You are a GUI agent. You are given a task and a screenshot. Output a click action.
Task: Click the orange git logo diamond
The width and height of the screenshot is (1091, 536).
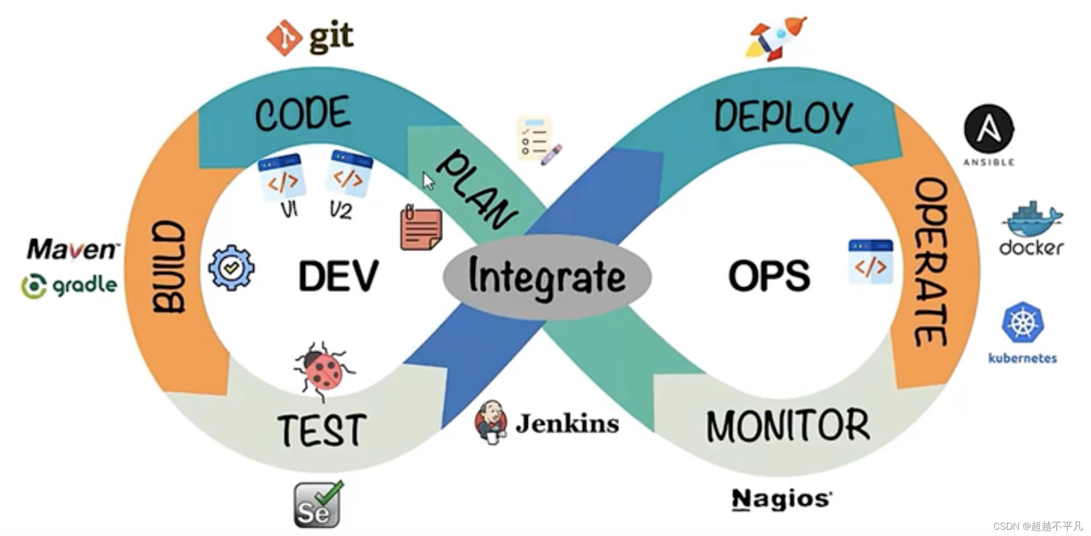pyautogui.click(x=283, y=38)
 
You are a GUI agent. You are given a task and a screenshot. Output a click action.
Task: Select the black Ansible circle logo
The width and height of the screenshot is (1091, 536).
pyautogui.click(x=989, y=129)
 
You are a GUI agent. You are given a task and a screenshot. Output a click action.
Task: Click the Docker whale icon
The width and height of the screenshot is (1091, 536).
pyautogui.click(x=1031, y=219)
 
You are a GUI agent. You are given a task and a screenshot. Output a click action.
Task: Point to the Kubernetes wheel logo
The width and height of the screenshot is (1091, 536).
pyautogui.click(x=1023, y=322)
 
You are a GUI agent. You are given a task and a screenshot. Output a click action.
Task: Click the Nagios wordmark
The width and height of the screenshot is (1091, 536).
pyautogui.click(x=781, y=499)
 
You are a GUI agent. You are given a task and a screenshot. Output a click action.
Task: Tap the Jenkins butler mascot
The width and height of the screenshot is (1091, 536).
pyautogui.click(x=491, y=422)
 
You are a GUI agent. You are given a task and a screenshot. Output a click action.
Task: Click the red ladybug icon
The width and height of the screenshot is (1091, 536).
pyautogui.click(x=324, y=370)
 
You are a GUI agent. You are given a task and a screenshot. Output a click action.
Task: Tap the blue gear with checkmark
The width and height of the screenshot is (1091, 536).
pyautogui.click(x=231, y=268)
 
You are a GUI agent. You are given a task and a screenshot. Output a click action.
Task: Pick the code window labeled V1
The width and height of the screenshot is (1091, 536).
pyautogui.click(x=282, y=177)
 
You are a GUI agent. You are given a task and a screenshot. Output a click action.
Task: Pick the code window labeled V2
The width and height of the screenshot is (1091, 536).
pyautogui.click(x=349, y=174)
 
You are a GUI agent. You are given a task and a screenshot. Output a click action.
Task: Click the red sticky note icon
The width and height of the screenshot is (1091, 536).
pyautogui.click(x=421, y=228)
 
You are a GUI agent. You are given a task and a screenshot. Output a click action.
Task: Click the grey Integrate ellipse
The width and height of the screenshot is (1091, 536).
pyautogui.click(x=547, y=277)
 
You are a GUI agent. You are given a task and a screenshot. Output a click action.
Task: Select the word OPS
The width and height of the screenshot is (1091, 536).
pyautogui.click(x=768, y=276)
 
